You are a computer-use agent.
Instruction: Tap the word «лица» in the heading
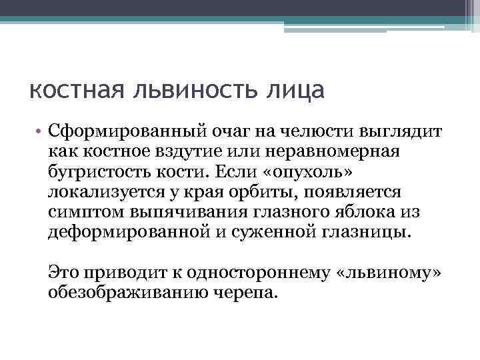(294, 89)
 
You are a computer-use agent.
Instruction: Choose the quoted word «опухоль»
(313, 171)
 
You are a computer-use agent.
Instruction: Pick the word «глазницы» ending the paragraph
(369, 233)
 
